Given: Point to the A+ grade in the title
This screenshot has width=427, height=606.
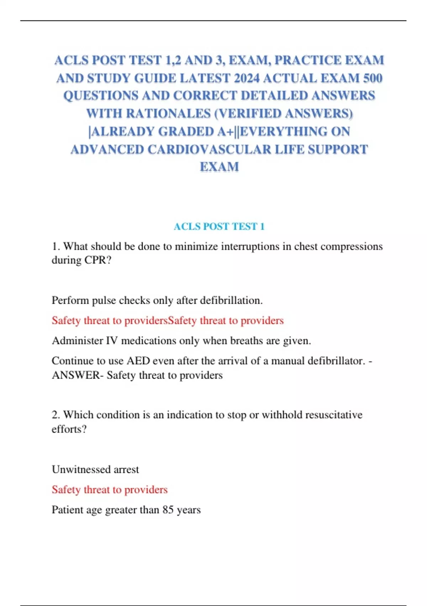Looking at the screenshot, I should (226, 132).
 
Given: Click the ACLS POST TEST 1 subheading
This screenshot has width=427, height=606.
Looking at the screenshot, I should (219, 226).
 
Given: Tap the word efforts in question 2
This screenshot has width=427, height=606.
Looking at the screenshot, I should (69, 429).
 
